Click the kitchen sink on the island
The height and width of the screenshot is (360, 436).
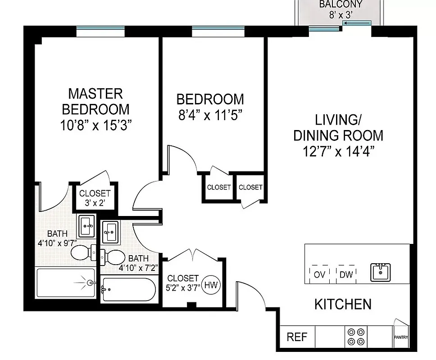pos(381,272)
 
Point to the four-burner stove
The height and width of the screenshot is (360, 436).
pos(356,336)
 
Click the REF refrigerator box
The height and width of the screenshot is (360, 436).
pos(297,337)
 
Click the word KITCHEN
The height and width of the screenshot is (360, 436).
pos(343,304)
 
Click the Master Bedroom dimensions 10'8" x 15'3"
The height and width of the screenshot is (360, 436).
pos(95,125)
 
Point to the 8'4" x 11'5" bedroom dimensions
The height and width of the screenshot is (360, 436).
pos(211,115)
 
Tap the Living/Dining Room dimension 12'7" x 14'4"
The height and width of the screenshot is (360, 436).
pos(339,150)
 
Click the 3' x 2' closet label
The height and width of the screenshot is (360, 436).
pos(95,203)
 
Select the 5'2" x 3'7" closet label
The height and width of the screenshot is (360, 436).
pos(183,288)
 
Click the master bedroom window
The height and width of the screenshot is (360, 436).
pos(100,31)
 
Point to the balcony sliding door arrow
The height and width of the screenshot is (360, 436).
pos(356,22)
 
